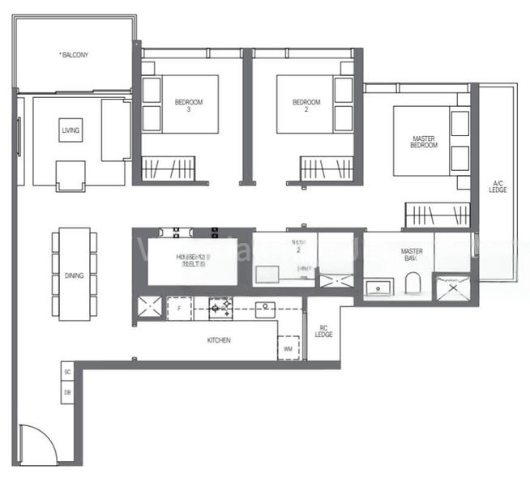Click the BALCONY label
pyautogui.click(x=74, y=55)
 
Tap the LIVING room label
pyautogui.click(x=71, y=130)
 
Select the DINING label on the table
pyautogui.click(x=74, y=275)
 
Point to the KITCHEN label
pyautogui.click(x=218, y=340)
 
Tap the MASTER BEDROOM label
pyautogui.click(x=424, y=141)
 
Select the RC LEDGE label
pyautogui.click(x=324, y=331)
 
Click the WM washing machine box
pyautogui.click(x=289, y=348)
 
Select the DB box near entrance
pyautogui.click(x=66, y=393)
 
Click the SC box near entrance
pyautogui.click(x=66, y=373)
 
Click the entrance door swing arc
pyautogui.click(x=41, y=443)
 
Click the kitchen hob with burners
pyautogui.click(x=220, y=307)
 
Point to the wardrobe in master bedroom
pyautogui.click(x=437, y=215)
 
